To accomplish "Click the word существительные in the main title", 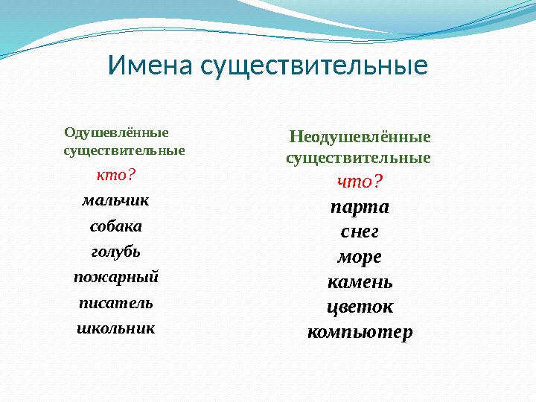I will [314, 66].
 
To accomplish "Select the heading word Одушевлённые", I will [116, 133].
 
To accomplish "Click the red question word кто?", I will [116, 175].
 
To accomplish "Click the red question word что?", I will [360, 181].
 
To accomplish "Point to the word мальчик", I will [116, 200].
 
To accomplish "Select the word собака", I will [116, 226].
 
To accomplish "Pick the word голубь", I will [116, 252].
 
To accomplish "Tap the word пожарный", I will [116, 277].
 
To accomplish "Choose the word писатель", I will [116, 303].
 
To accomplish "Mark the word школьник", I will [116, 328].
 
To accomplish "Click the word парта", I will [360, 206].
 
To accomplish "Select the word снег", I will [360, 232].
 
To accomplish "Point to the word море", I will [360, 257].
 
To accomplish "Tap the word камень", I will [360, 283].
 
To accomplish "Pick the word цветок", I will [360, 307].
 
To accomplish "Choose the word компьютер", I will [360, 332].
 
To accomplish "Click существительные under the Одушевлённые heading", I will [124, 150].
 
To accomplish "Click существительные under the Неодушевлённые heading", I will [358, 159].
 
